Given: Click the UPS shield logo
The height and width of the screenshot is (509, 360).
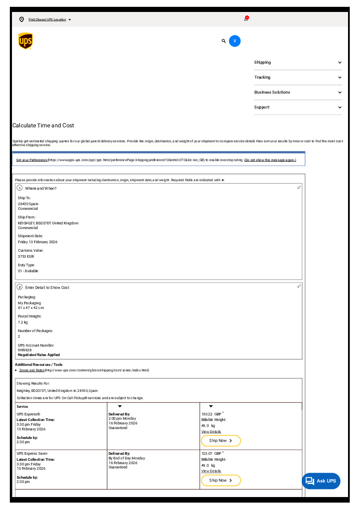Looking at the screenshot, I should pyautogui.click(x=25, y=41).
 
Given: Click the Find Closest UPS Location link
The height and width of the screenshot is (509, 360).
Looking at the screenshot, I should pyautogui.click(x=47, y=20).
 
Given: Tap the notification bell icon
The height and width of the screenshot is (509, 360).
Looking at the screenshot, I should pyautogui.click(x=246, y=19).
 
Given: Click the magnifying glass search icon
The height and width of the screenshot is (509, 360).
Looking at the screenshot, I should pyautogui.click(x=224, y=41).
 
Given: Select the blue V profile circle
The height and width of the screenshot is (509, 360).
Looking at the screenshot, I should pyautogui.click(x=235, y=41).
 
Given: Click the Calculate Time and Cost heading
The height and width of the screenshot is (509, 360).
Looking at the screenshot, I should pyautogui.click(x=43, y=126).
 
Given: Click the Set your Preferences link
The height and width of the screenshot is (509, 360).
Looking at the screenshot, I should pyautogui.click(x=32, y=160).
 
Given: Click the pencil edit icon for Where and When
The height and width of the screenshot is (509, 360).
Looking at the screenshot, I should pyautogui.click(x=299, y=188).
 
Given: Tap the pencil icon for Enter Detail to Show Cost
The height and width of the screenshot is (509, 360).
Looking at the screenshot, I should pyautogui.click(x=299, y=286).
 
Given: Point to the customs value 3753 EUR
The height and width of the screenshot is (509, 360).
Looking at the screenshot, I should pyautogui.click(x=26, y=256).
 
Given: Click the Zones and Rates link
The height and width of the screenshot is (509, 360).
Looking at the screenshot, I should pyautogui.click(x=32, y=370).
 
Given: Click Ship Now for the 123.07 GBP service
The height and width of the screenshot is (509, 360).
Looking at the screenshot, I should pyautogui.click(x=221, y=480).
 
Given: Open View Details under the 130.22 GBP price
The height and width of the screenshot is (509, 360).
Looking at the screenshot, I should pyautogui.click(x=211, y=432).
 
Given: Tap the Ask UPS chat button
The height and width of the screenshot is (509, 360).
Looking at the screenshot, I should pyautogui.click(x=321, y=481).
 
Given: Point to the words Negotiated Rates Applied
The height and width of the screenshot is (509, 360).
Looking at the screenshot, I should pyautogui.click(x=39, y=355).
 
